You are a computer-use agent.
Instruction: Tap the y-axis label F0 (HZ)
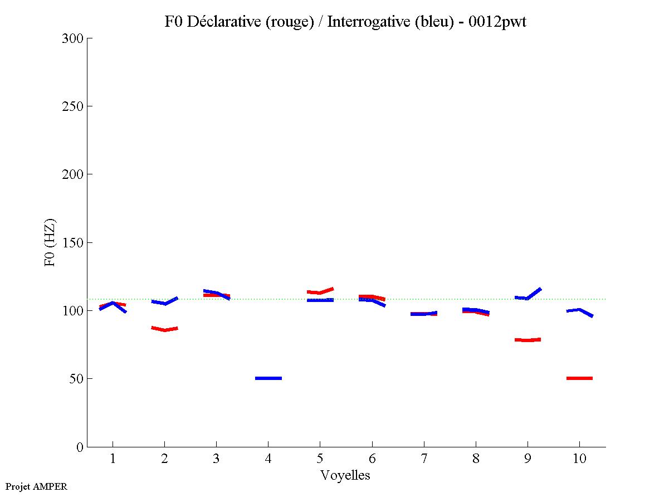(50, 242)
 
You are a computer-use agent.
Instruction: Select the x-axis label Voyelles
(345, 475)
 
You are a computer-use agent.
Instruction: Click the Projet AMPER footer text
(36, 486)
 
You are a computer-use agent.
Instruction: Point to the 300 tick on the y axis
(74, 38)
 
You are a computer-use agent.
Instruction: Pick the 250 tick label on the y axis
(74, 106)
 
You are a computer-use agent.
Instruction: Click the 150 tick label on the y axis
(74, 243)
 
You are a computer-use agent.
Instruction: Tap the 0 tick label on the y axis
(80, 447)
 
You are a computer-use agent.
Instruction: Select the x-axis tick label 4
(268, 459)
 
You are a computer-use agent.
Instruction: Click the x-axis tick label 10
(579, 459)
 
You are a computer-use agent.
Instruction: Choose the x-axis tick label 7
(424, 459)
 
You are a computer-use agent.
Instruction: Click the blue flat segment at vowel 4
(268, 378)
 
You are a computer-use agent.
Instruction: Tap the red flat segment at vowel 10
(579, 378)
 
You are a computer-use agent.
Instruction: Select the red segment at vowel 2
(164, 329)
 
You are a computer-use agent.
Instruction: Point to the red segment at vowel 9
(528, 340)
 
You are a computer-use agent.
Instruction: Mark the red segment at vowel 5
(320, 291)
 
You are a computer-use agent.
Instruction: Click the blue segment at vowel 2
(165, 302)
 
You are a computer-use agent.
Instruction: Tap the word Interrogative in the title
(362, 22)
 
